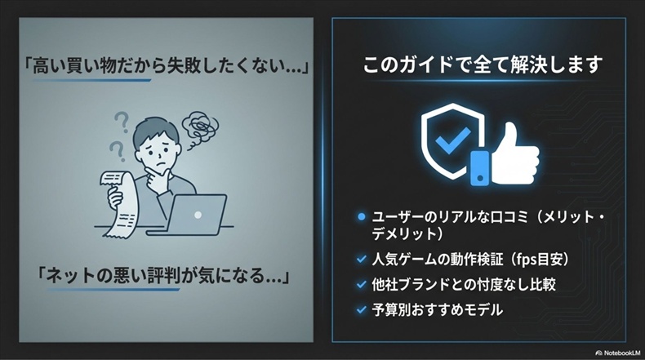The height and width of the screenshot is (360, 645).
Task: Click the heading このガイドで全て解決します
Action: tap(483, 64)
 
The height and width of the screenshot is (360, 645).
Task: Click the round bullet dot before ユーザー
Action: tap(362, 217)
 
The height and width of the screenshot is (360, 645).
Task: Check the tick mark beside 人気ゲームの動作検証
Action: tap(362, 260)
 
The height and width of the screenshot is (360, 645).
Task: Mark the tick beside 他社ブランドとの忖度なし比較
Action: tap(362, 285)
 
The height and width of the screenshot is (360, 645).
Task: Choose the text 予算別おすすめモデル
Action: tap(437, 310)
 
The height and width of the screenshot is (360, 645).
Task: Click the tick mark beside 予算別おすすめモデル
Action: tap(362, 310)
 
